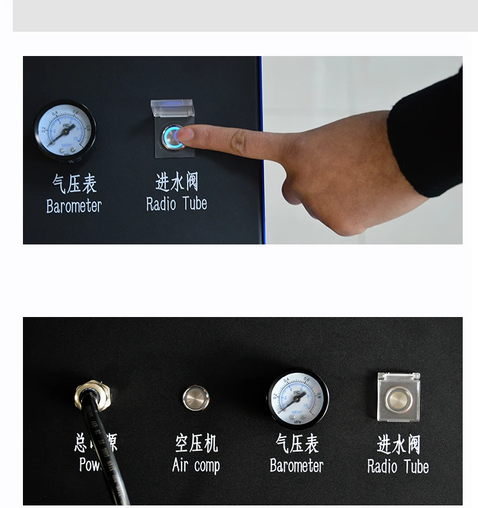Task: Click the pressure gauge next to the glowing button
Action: pos(65,131)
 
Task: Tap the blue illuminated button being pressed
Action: pos(171,137)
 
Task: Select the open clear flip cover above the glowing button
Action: pos(171,108)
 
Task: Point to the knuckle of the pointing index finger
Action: pos(240,142)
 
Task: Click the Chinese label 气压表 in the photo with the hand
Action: pos(74,185)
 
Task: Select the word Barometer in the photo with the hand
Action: pos(74,206)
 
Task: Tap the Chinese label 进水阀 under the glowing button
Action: pos(177,182)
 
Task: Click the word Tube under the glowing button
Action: pos(194,204)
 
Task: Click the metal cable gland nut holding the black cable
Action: pos(92,394)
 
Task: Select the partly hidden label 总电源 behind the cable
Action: pos(96,443)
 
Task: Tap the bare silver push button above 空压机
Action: pos(196,398)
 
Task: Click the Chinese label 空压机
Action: pos(196,443)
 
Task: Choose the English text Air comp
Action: pos(196,465)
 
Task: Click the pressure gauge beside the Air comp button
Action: pos(297,400)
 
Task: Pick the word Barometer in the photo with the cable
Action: pos(296,465)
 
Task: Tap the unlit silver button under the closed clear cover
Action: pos(398,399)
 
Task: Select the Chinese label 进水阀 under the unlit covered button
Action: pos(398,444)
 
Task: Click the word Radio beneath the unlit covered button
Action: pos(382,467)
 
